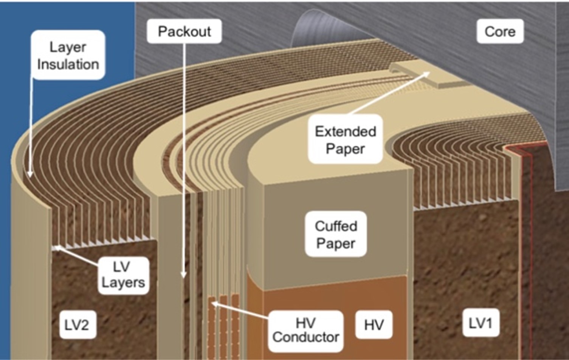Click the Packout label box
(184, 31)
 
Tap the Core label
(500, 31)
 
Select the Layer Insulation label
(68, 55)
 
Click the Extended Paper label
(345, 140)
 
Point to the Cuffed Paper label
(336, 234)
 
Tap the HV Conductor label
(305, 330)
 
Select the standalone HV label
(374, 325)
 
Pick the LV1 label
(480, 323)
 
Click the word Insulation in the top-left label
(68, 64)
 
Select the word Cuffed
(336, 226)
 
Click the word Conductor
(305, 337)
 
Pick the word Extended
(345, 131)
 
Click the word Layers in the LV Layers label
(123, 283)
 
